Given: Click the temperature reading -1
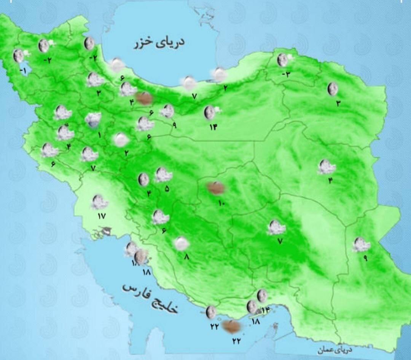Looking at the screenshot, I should point(22,70).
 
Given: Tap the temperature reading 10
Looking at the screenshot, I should point(221,203).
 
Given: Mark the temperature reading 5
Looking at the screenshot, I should point(167,188).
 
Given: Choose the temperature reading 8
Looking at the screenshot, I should point(186,257).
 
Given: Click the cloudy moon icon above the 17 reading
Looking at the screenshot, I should point(99,202).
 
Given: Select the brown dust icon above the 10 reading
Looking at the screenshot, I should point(215,187).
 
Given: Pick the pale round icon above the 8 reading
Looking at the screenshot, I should point(181,243).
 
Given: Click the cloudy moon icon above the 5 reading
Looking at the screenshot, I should point(163,174).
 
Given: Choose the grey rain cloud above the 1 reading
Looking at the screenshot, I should point(93,120).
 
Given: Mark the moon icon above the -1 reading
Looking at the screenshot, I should point(18,56).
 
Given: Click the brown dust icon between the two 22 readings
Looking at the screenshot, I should point(230,326).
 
